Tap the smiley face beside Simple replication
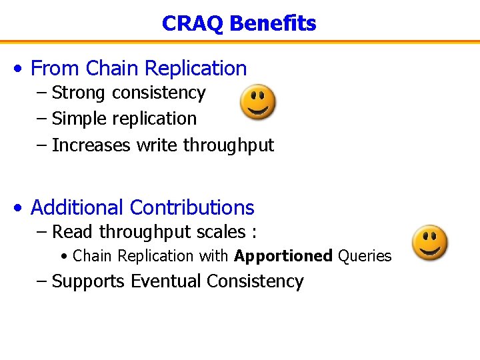[258, 102]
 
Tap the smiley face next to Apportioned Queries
[429, 242]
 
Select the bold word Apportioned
[283, 256]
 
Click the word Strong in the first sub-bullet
[80, 93]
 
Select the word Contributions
[192, 207]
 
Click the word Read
[73, 232]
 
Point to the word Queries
[365, 256]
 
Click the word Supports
[88, 281]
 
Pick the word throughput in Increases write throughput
[229, 145]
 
